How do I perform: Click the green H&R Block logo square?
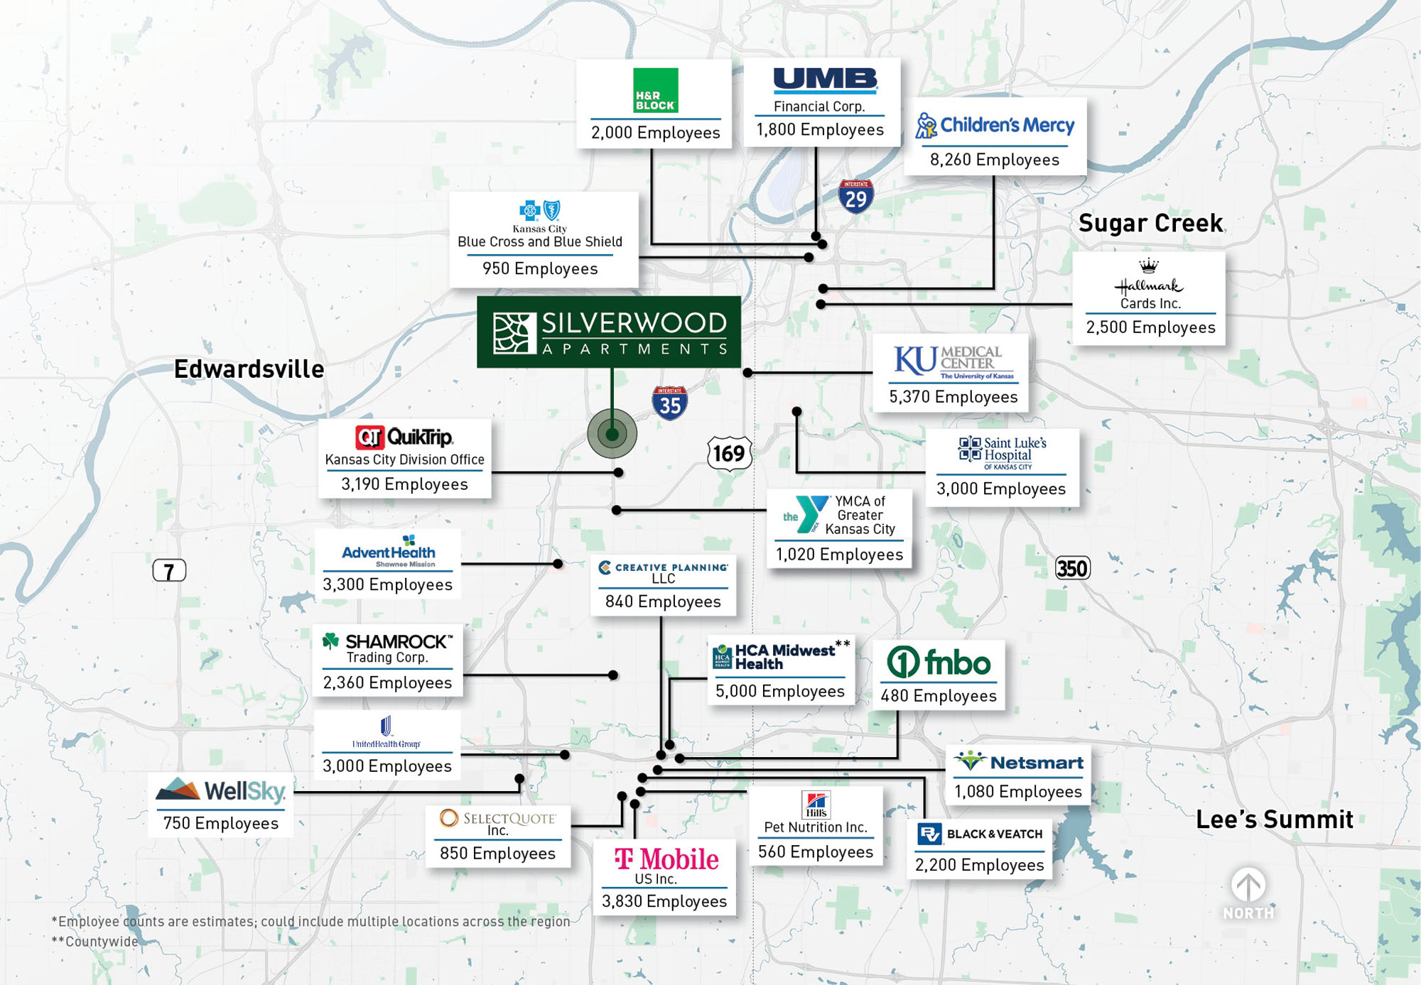pos(655,90)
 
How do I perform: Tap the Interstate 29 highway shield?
pos(855,197)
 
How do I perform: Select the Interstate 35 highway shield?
pos(669,403)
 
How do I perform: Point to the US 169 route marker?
pos(729,453)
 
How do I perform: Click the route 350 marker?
pos(1072,568)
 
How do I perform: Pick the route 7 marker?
pos(169,570)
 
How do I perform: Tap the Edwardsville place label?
pos(249,369)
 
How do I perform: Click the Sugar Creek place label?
pos(1150,223)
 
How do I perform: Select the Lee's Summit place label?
pos(1275,820)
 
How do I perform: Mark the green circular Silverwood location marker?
pos(612,433)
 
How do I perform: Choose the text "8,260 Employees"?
pos(995,160)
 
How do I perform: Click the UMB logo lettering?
pos(825,80)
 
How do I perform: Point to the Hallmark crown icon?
pos(1149,266)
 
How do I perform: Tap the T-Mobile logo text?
pos(666,859)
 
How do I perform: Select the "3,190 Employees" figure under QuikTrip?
pos(404,484)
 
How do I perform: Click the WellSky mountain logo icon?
pos(178,789)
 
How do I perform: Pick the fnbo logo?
pos(939,663)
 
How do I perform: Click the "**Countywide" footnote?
pos(94,942)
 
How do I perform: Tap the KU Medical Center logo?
pos(953,362)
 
